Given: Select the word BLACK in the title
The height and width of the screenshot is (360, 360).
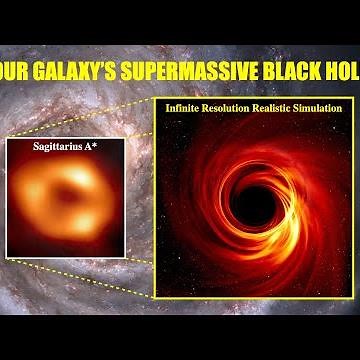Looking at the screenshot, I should pyautogui.click(x=293, y=72).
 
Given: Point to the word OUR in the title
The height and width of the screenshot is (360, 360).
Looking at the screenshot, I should pyautogui.click(x=14, y=72).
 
